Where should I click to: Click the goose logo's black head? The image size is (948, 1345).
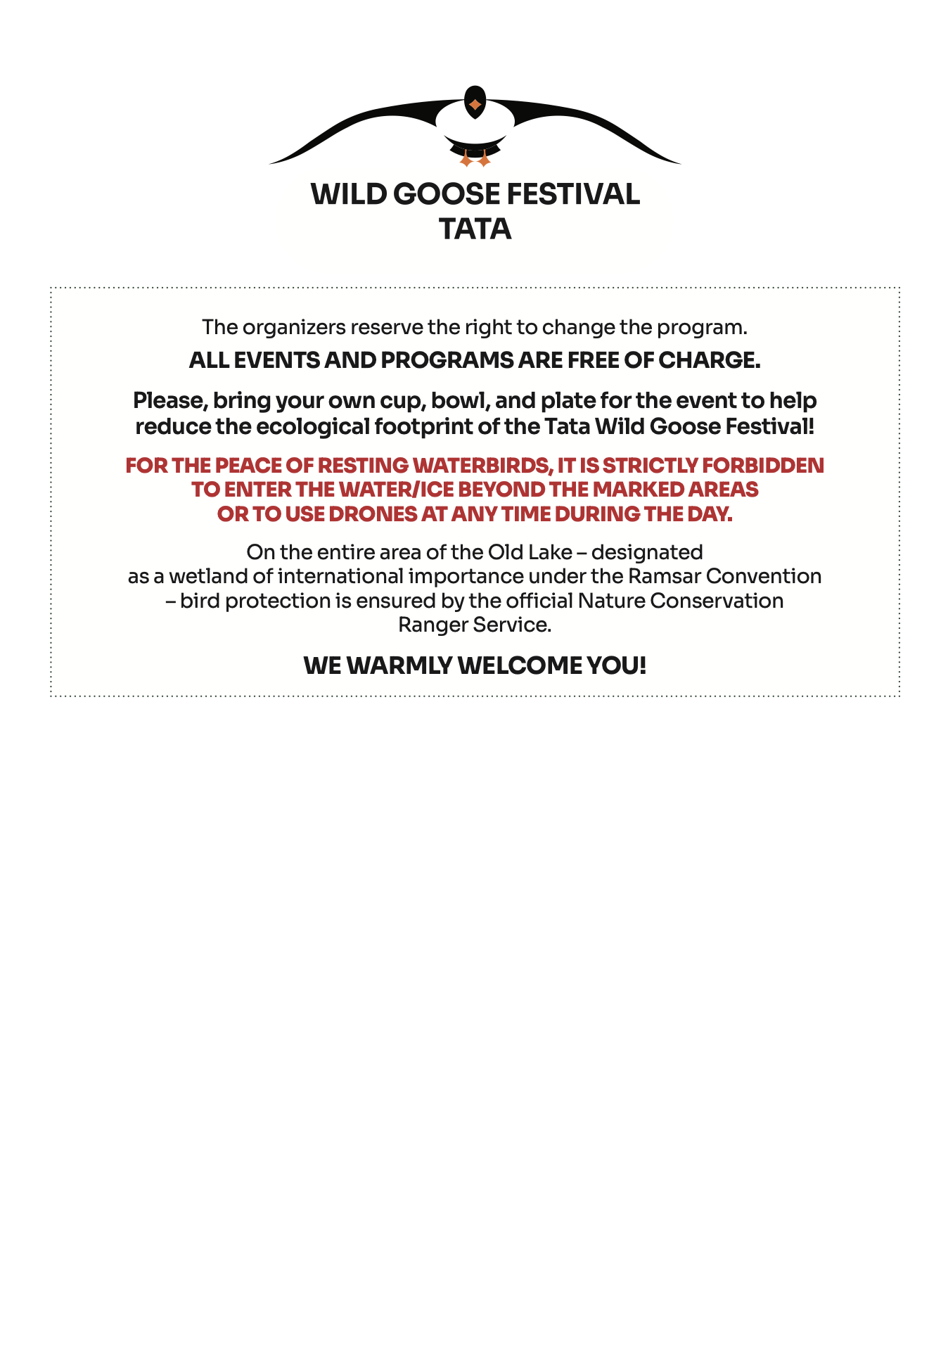point(475,102)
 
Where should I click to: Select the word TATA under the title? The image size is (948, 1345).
point(475,229)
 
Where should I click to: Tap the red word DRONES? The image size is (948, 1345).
point(373,514)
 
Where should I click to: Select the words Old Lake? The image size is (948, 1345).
point(530,552)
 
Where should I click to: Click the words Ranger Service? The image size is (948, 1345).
point(475,625)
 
